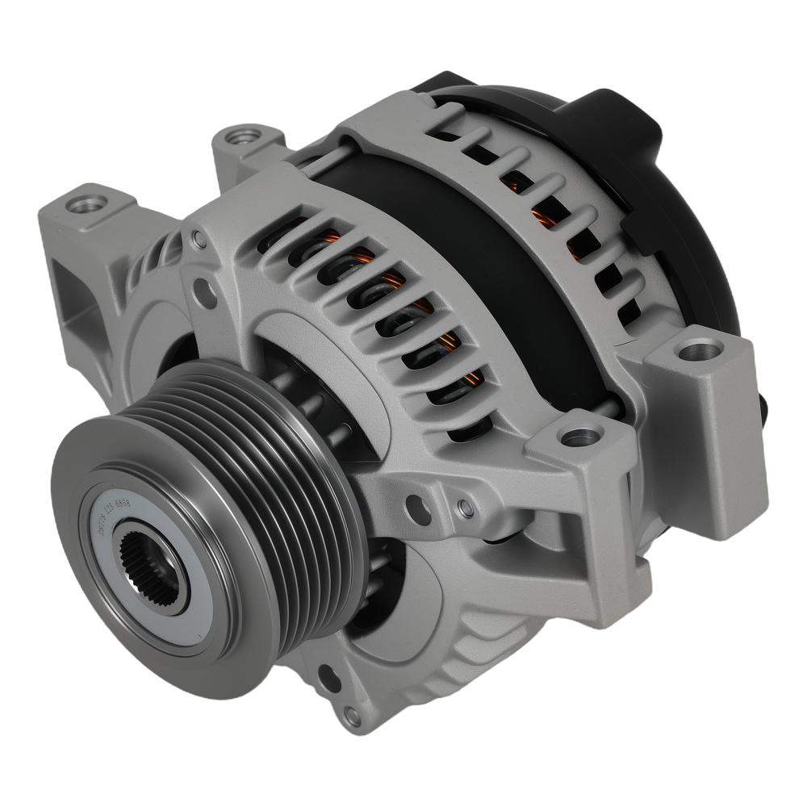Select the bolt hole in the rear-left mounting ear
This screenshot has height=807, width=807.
(238, 137)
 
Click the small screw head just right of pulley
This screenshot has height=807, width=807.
(464, 507)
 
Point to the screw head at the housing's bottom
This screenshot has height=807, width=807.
(349, 713)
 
